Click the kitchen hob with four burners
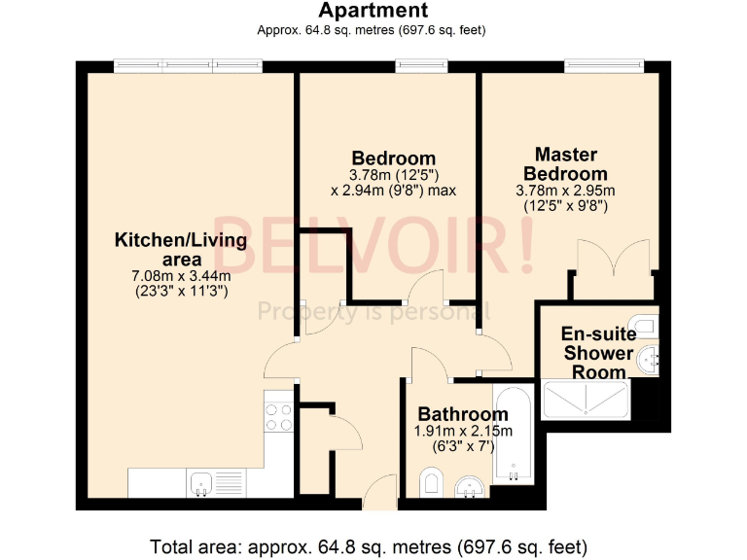[279, 417]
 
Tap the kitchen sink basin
[202, 481]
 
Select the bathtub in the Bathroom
[512, 435]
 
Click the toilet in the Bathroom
[433, 481]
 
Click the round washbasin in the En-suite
[648, 361]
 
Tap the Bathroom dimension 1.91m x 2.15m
[463, 432]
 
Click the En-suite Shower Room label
[598, 353]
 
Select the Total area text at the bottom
[369, 544]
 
